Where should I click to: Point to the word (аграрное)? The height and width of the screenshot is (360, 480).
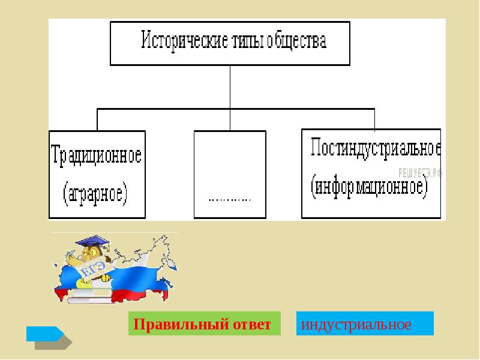click(x=96, y=193)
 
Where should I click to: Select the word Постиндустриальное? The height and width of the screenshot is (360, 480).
click(x=376, y=149)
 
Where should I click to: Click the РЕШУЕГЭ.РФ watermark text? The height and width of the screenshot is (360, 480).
click(x=419, y=172)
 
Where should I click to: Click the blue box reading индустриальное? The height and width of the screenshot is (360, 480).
click(x=365, y=324)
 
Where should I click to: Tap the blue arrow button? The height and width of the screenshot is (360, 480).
click(x=44, y=334)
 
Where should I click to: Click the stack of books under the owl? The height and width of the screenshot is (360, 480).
click(x=90, y=293)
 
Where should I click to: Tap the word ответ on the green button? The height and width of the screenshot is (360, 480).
click(x=248, y=325)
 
